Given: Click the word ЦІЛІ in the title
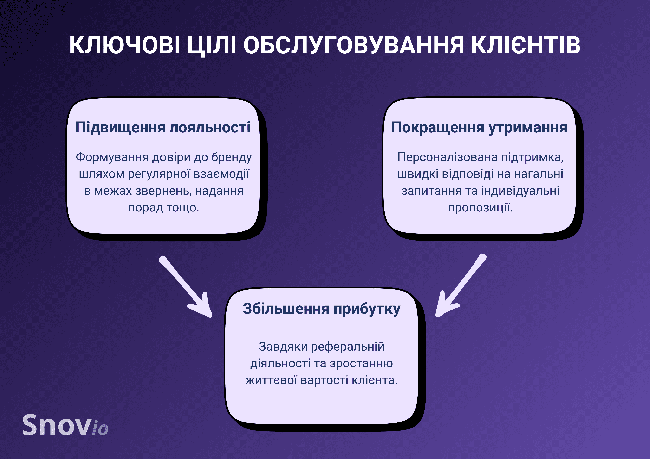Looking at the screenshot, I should click(x=211, y=45).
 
